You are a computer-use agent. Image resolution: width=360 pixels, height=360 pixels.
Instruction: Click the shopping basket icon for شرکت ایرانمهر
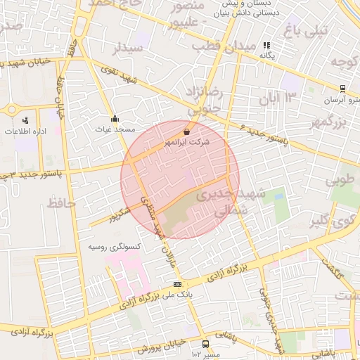pyautogui.click(x=186, y=131)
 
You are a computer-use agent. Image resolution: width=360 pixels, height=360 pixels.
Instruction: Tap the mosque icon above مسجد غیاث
pyautogui.click(x=115, y=119)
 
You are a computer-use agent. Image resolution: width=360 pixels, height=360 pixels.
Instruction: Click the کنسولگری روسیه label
pyautogui.click(x=115, y=247)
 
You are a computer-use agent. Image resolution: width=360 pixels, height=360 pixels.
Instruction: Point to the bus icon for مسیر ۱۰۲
pyautogui.click(x=205, y=344)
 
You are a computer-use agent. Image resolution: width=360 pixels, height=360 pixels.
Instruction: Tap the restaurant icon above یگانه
pyautogui.click(x=266, y=45)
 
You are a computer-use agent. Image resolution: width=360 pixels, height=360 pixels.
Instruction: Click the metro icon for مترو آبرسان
pyautogui.click(x=342, y=89)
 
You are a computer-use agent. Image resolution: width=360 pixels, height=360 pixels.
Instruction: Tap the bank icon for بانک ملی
pyautogui.click(x=176, y=284)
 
